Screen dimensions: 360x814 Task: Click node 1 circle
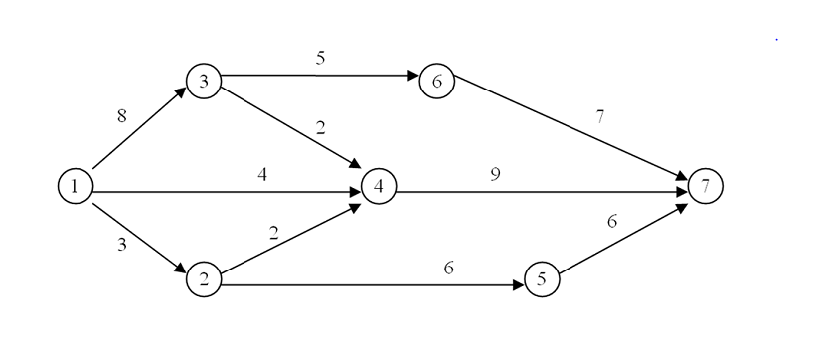(75, 186)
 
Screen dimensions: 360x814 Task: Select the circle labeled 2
(203, 280)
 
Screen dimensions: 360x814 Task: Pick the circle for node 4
(379, 186)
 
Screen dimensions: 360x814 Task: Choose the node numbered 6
(436, 81)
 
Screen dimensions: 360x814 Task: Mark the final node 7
(705, 186)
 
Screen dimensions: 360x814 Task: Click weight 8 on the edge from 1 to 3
(121, 116)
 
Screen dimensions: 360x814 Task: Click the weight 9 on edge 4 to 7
(494, 174)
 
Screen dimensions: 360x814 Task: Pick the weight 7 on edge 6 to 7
(598, 117)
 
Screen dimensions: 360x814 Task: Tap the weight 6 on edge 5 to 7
(612, 222)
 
